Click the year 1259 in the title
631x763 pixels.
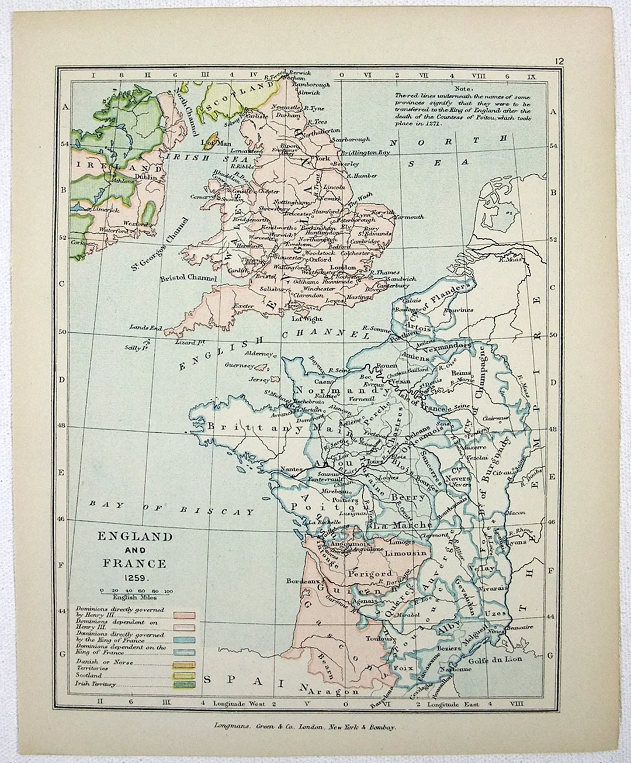click(x=135, y=577)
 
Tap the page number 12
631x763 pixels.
click(x=560, y=60)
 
